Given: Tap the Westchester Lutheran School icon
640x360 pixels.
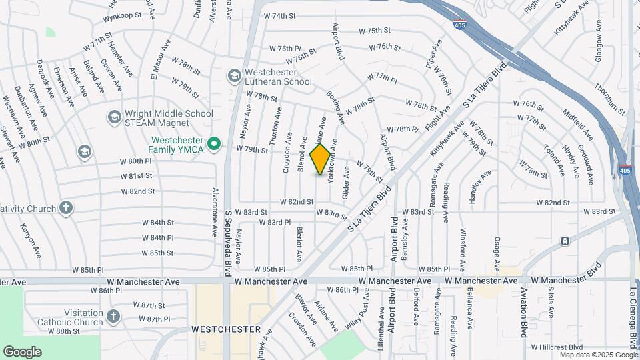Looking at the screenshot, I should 234,76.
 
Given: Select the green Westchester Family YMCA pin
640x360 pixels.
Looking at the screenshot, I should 213,144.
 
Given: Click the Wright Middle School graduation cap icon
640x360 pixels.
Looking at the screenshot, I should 113,117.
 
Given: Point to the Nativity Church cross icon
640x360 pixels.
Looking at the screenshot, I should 65,208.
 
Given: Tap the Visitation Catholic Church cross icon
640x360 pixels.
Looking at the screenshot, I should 113,316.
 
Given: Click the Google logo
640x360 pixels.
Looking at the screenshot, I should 22,351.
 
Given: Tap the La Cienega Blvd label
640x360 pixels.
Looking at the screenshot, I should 633,317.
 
